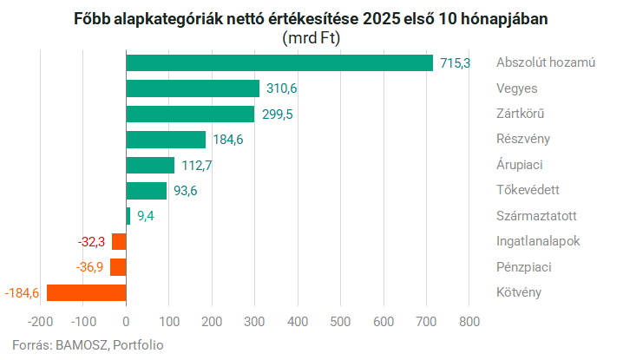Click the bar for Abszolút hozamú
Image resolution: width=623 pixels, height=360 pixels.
[279, 62]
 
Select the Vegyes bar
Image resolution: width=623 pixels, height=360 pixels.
[193, 88]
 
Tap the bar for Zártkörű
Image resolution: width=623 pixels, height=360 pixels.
[190, 114]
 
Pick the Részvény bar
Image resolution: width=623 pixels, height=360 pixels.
[166, 140]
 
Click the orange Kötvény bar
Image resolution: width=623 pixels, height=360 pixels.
[87, 292]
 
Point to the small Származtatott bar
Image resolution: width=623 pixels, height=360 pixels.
[128, 216]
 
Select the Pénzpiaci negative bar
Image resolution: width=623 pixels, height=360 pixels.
[119, 267]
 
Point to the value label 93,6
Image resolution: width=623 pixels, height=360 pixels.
[186, 191]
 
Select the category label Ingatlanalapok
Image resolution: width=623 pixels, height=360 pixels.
[538, 241]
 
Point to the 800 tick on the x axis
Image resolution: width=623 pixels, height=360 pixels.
[469, 322]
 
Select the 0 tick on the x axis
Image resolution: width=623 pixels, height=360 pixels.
[127, 322]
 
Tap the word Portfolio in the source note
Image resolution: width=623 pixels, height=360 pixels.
[136, 344]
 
